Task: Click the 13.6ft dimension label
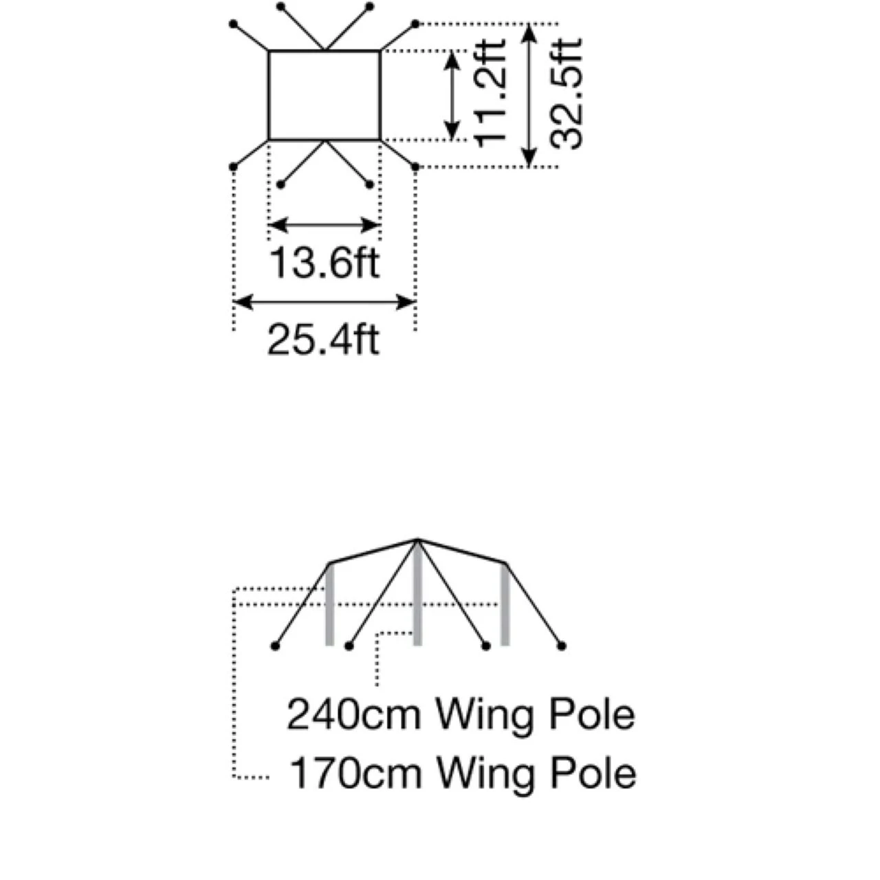point(324,263)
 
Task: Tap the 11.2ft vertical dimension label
point(491,93)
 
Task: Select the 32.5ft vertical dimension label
point(566,93)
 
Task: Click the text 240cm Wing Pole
point(460,714)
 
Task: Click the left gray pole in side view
point(329,605)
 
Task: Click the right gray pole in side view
point(505,605)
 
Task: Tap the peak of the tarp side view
point(417,540)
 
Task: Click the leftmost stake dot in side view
point(276,646)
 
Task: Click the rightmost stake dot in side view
point(562,646)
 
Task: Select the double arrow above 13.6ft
point(324,225)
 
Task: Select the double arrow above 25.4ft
point(324,301)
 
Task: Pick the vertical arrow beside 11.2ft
point(452,95)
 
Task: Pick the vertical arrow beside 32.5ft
point(528,95)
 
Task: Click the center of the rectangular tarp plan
point(324,95)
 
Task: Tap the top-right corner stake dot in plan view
point(415,24)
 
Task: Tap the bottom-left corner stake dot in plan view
point(234,166)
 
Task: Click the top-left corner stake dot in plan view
point(234,24)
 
